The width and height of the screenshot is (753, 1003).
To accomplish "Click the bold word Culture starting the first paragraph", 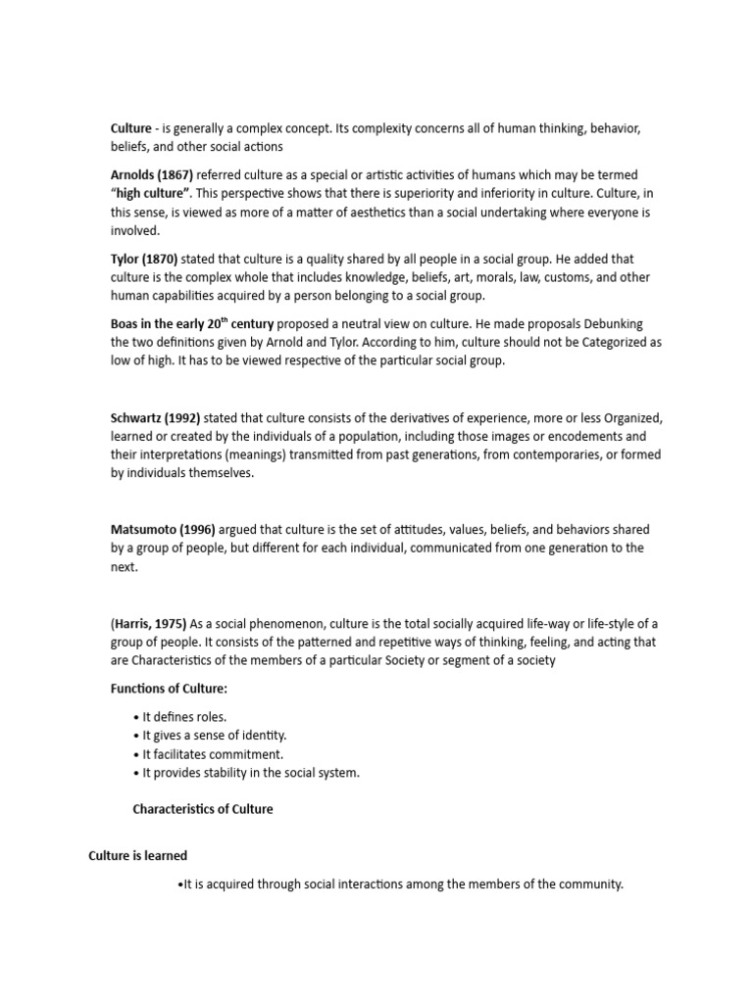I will coord(131,128).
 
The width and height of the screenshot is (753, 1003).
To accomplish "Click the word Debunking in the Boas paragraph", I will coord(609,323).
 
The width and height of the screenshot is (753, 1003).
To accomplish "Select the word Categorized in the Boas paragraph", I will coord(613,342).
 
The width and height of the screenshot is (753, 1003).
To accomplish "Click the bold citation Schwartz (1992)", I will coord(156,417).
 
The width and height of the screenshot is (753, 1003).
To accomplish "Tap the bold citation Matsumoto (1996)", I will coord(160,530).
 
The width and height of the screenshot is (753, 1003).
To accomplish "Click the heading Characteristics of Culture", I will coord(202,810).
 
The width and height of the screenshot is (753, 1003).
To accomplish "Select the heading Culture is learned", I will coord(137,856).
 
